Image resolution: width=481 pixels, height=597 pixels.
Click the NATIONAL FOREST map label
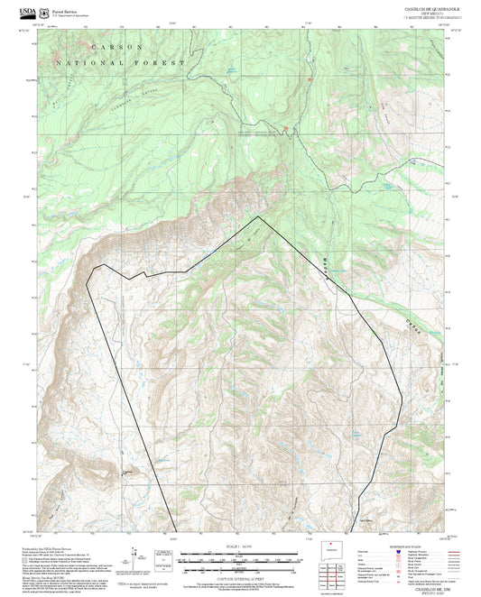pyautogui.click(x=119, y=64)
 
